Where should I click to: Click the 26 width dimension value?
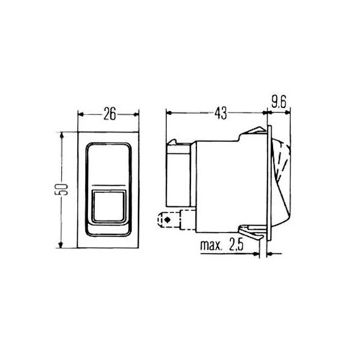tap(109, 114)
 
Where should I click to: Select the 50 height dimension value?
tap(62, 189)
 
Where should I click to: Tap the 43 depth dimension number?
tap(220, 113)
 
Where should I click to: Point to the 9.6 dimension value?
tap(279, 103)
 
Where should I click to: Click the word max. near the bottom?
tap(210, 245)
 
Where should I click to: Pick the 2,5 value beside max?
tap(236, 244)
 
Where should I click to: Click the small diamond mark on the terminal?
tap(167, 220)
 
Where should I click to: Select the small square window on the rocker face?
tap(109, 206)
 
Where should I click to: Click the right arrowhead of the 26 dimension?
tap(136, 114)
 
